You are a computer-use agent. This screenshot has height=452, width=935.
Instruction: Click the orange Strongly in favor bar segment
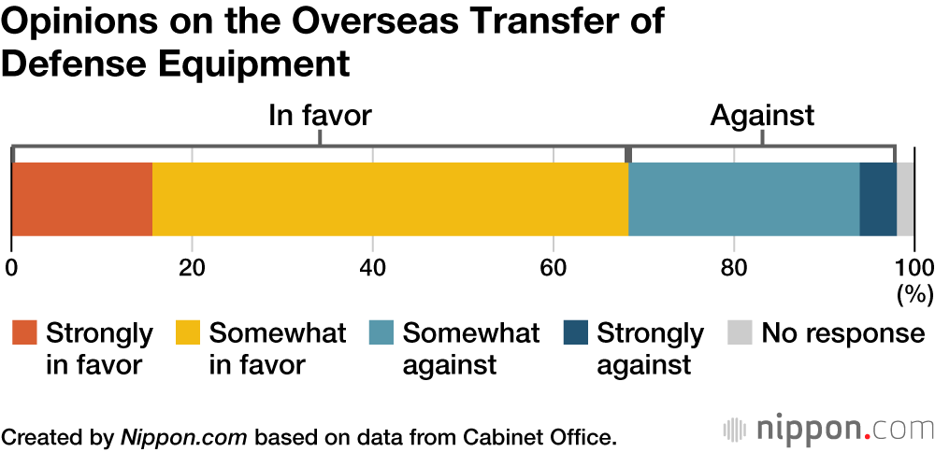[x=82, y=199]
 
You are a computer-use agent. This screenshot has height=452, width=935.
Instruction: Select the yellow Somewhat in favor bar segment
[x=390, y=199]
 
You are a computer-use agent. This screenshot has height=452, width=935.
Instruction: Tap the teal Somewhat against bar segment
[x=743, y=199]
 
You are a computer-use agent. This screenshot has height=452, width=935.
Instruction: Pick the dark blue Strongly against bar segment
[x=878, y=199]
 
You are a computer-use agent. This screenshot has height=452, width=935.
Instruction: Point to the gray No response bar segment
[x=906, y=199]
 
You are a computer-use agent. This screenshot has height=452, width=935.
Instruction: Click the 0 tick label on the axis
[x=11, y=267]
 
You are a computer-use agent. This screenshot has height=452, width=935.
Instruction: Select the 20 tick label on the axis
[x=192, y=267]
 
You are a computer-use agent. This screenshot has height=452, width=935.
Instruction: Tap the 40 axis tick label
[x=372, y=267]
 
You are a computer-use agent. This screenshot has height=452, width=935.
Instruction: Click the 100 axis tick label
[x=915, y=267]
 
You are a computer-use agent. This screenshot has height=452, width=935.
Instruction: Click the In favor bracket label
[x=320, y=116]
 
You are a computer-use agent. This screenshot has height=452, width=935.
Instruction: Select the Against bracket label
[x=762, y=116]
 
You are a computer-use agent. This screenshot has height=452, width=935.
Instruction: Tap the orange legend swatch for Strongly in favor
[x=24, y=333]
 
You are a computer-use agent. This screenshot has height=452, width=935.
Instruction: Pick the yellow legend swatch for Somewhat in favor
[x=188, y=333]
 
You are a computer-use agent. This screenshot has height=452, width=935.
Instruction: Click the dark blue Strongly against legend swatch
[x=576, y=333]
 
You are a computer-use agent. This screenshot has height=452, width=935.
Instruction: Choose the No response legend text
[x=842, y=333]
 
